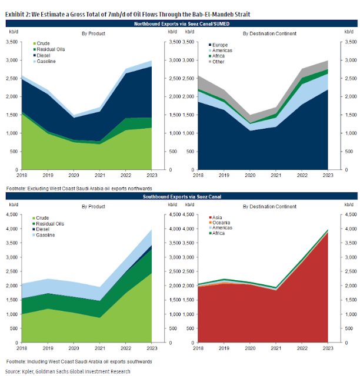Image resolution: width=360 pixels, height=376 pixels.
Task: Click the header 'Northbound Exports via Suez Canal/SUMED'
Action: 180,23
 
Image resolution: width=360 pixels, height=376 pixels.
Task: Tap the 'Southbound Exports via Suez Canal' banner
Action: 180,194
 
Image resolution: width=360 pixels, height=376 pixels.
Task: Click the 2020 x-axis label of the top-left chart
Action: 74,175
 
